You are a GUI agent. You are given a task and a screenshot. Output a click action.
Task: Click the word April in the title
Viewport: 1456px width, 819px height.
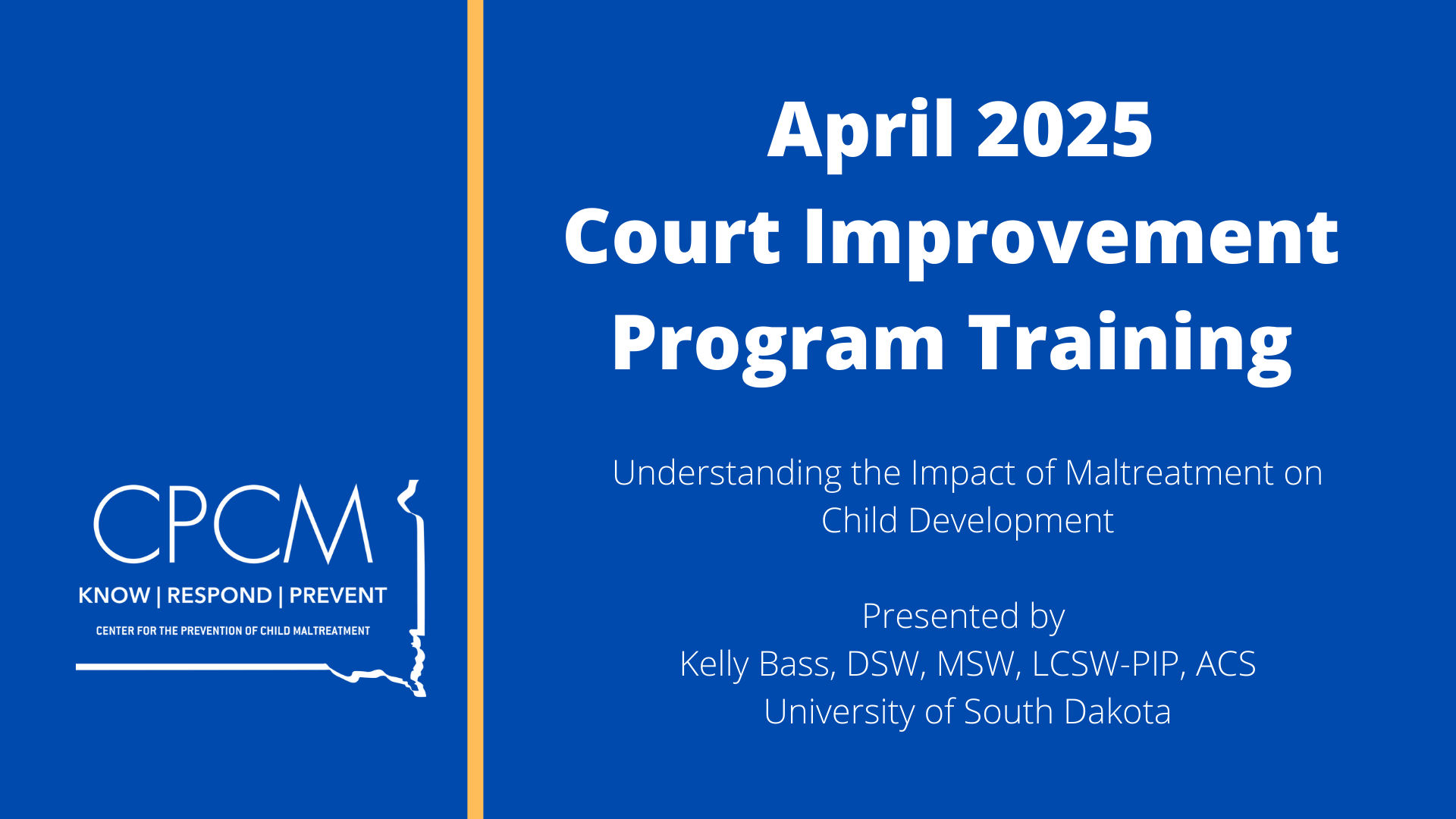(x=860, y=130)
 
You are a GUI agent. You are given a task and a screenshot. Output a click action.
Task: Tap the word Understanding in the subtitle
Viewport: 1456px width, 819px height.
(x=726, y=474)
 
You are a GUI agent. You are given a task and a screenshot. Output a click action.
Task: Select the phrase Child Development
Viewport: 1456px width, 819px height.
(x=968, y=521)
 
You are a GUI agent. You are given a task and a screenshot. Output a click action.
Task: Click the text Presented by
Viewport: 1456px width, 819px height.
(x=963, y=617)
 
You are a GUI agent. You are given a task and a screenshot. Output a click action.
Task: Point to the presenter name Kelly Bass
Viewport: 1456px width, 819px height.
(x=758, y=664)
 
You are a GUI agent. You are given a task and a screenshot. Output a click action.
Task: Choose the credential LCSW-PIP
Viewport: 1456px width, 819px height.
(x=1106, y=664)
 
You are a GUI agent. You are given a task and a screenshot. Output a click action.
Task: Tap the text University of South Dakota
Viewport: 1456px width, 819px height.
(x=968, y=712)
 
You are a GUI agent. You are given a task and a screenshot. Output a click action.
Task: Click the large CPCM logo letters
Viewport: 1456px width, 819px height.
(x=234, y=523)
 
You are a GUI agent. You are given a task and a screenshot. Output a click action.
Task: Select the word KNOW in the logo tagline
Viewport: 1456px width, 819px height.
(x=114, y=595)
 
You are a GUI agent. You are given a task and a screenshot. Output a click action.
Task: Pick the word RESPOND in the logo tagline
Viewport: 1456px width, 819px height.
(x=219, y=595)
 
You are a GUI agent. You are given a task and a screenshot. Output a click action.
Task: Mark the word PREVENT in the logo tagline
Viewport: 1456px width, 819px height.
(x=338, y=595)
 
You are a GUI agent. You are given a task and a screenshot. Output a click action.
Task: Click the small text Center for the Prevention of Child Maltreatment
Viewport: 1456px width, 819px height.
(x=233, y=631)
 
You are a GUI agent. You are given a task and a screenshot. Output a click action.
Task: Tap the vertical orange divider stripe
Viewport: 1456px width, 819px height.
(x=475, y=409)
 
